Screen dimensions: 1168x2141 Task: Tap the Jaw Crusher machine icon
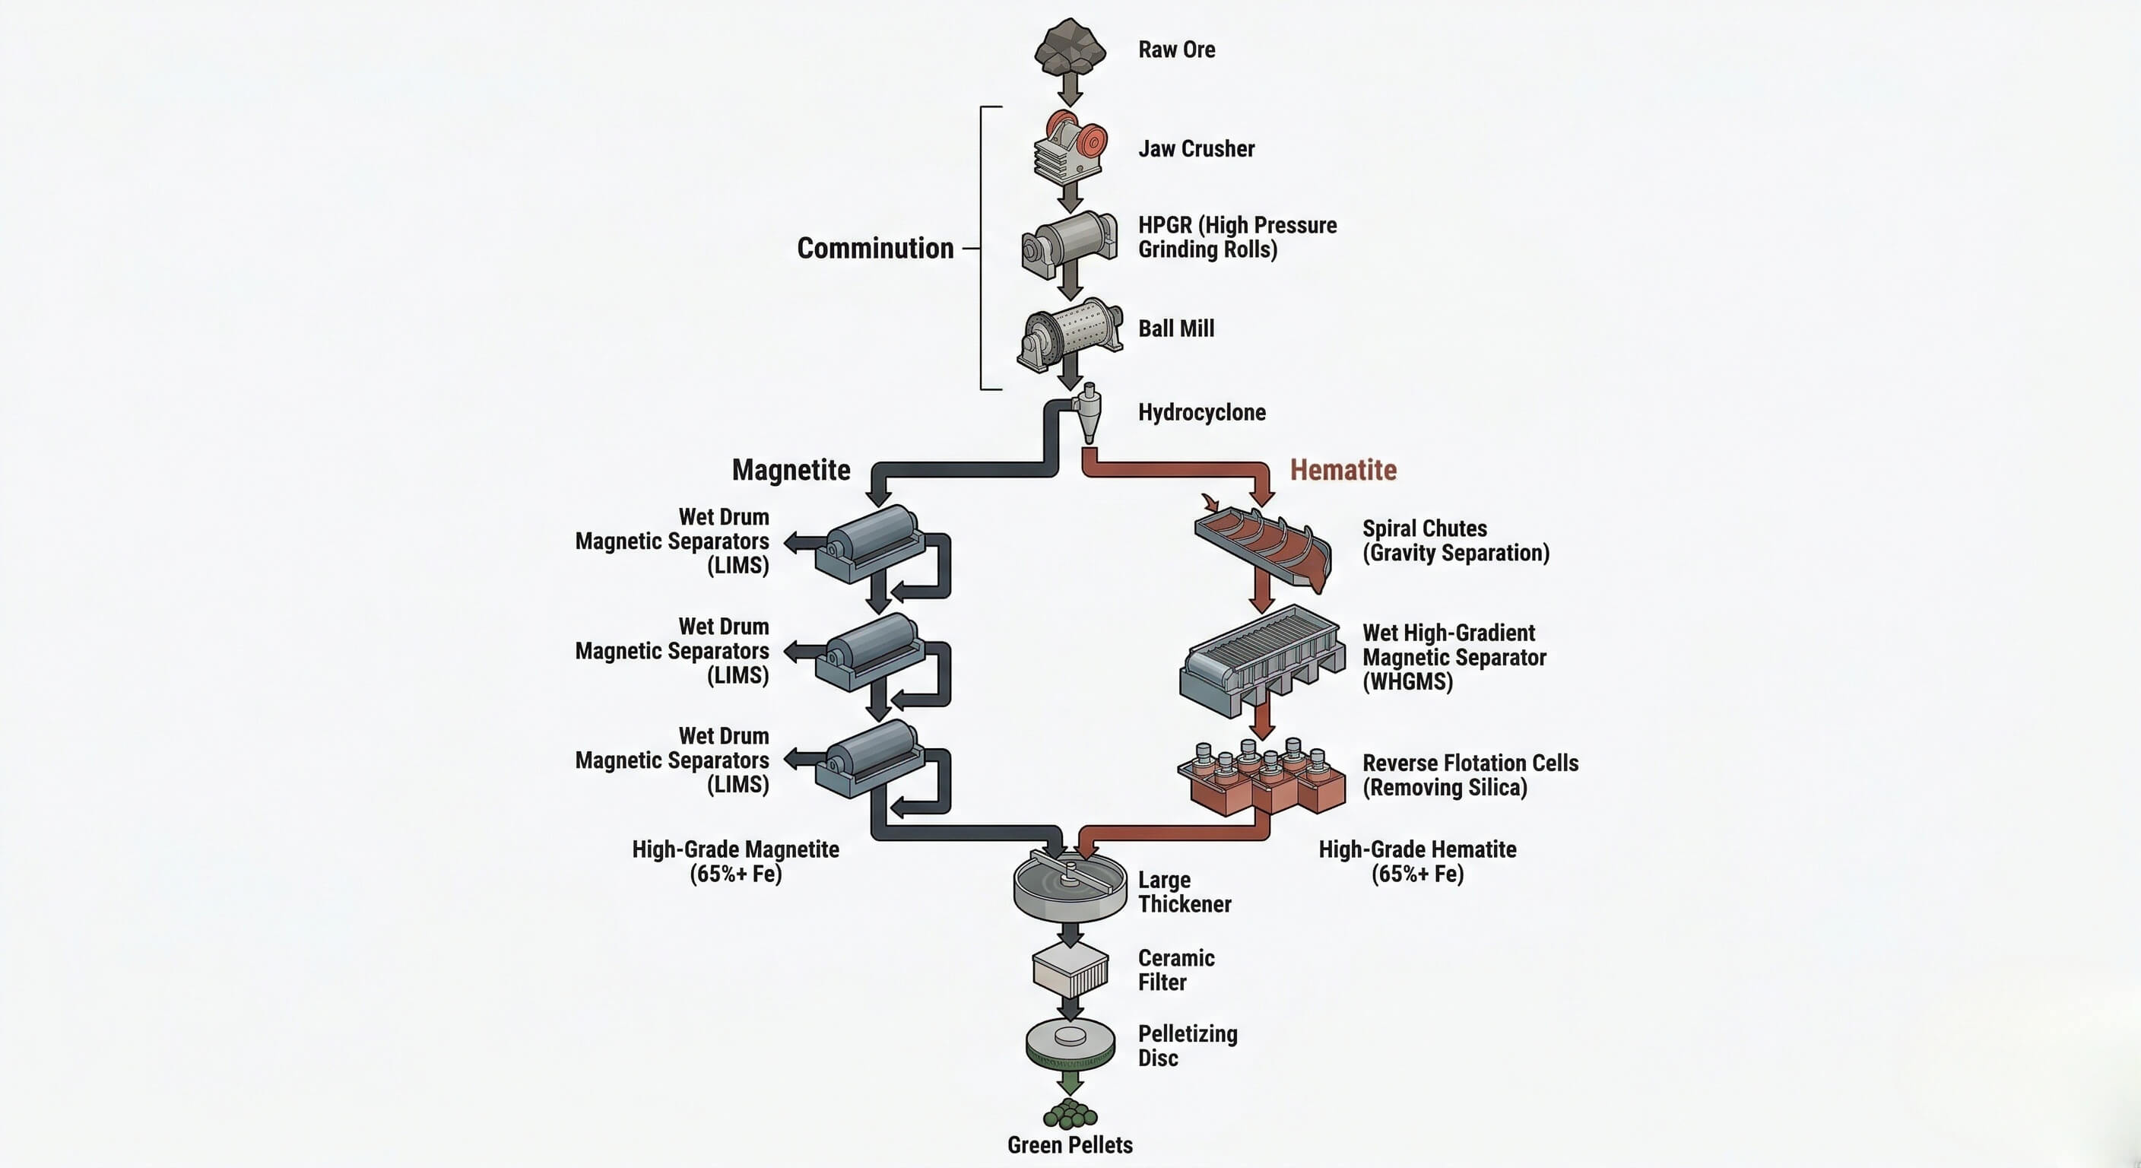pos(1070,148)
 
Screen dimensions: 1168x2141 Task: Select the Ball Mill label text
pos(1175,328)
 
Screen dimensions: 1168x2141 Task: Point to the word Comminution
pos(874,248)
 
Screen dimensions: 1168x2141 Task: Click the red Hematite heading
pos(1342,470)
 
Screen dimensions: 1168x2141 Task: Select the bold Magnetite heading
pos(791,470)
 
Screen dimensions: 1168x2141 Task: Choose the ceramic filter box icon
pos(1070,970)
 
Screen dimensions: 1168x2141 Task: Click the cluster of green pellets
pos(1070,1113)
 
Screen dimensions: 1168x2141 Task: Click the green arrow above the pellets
pos(1070,1081)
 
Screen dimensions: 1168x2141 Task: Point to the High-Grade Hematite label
pos(1417,862)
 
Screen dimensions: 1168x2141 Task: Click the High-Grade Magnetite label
pos(734,862)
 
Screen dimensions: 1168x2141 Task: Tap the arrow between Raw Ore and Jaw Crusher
pos(1070,89)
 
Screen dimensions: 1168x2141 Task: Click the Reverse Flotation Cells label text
pos(1469,775)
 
